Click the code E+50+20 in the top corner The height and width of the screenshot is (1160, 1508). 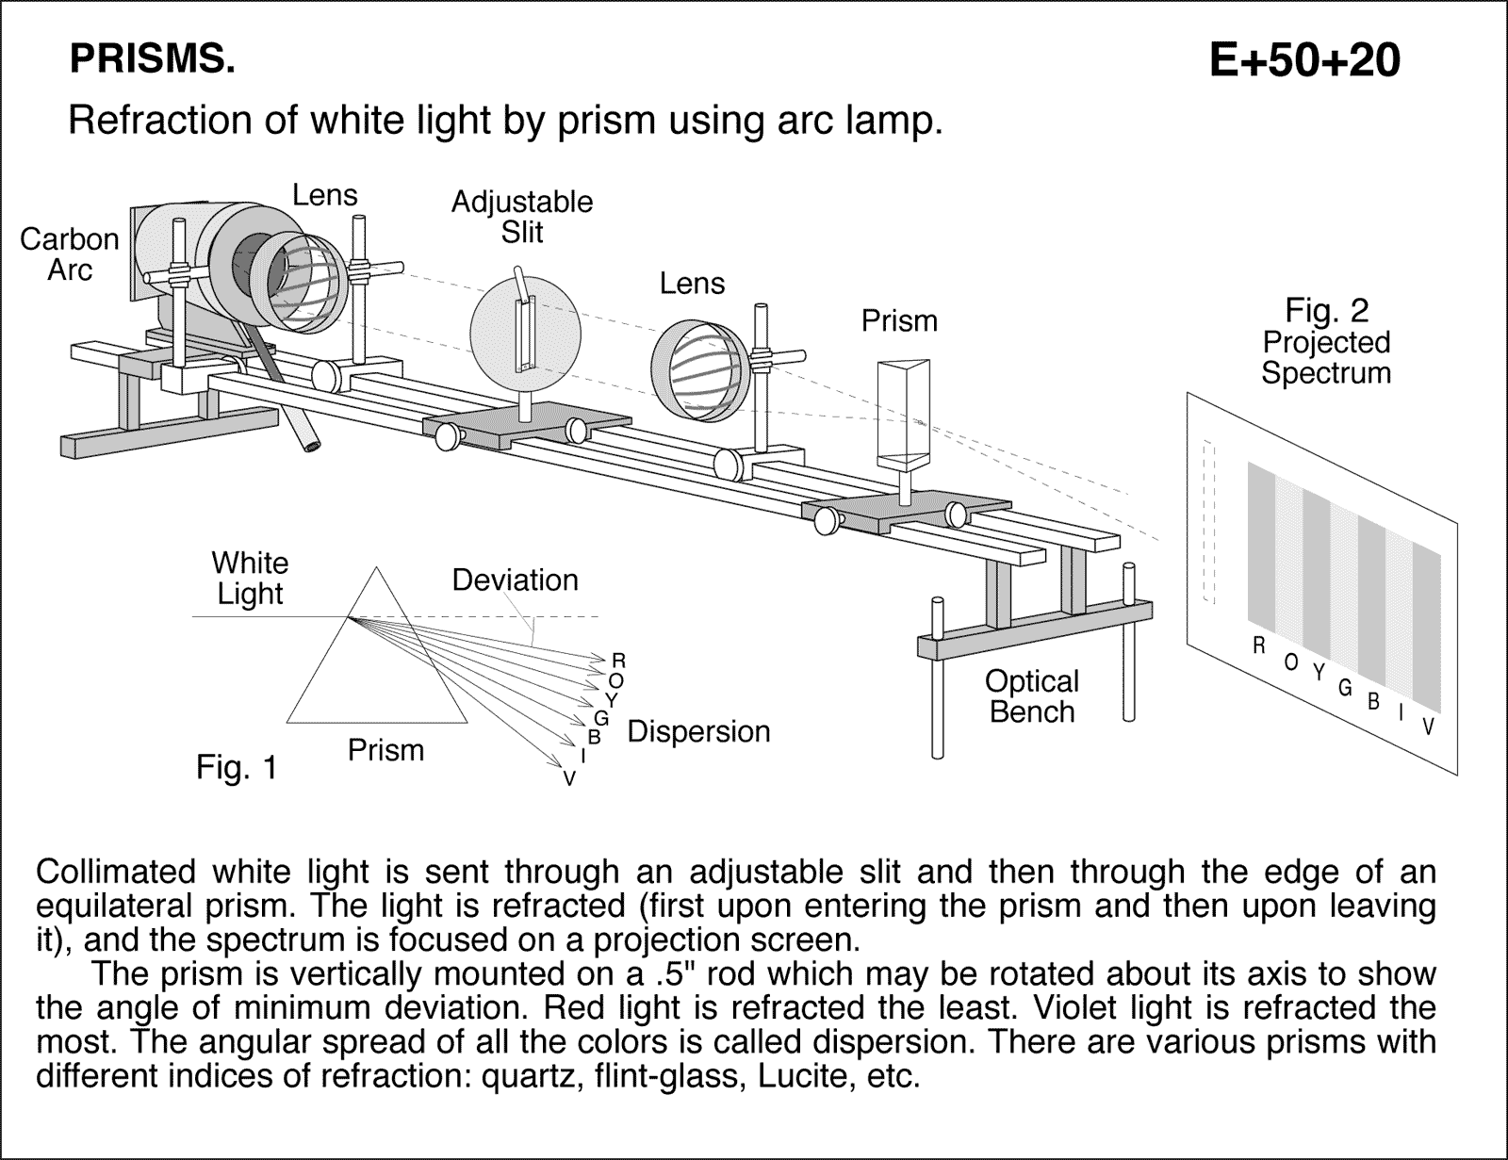1304,61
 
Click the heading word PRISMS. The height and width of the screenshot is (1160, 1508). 152,60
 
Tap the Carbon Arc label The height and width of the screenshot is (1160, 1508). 70,254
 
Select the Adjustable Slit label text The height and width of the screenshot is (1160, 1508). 521,217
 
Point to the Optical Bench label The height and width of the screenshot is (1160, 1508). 1031,696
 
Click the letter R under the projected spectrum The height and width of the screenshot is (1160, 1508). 1258,645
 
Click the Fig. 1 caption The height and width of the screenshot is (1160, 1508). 237,769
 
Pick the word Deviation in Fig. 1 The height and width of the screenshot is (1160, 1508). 515,580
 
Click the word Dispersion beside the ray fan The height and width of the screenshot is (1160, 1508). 698,731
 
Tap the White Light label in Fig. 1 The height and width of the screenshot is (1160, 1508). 250,578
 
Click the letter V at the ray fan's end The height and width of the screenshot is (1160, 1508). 569,778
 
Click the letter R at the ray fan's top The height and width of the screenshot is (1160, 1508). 619,660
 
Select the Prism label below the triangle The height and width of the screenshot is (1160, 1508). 385,750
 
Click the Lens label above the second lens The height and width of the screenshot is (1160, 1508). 692,283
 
